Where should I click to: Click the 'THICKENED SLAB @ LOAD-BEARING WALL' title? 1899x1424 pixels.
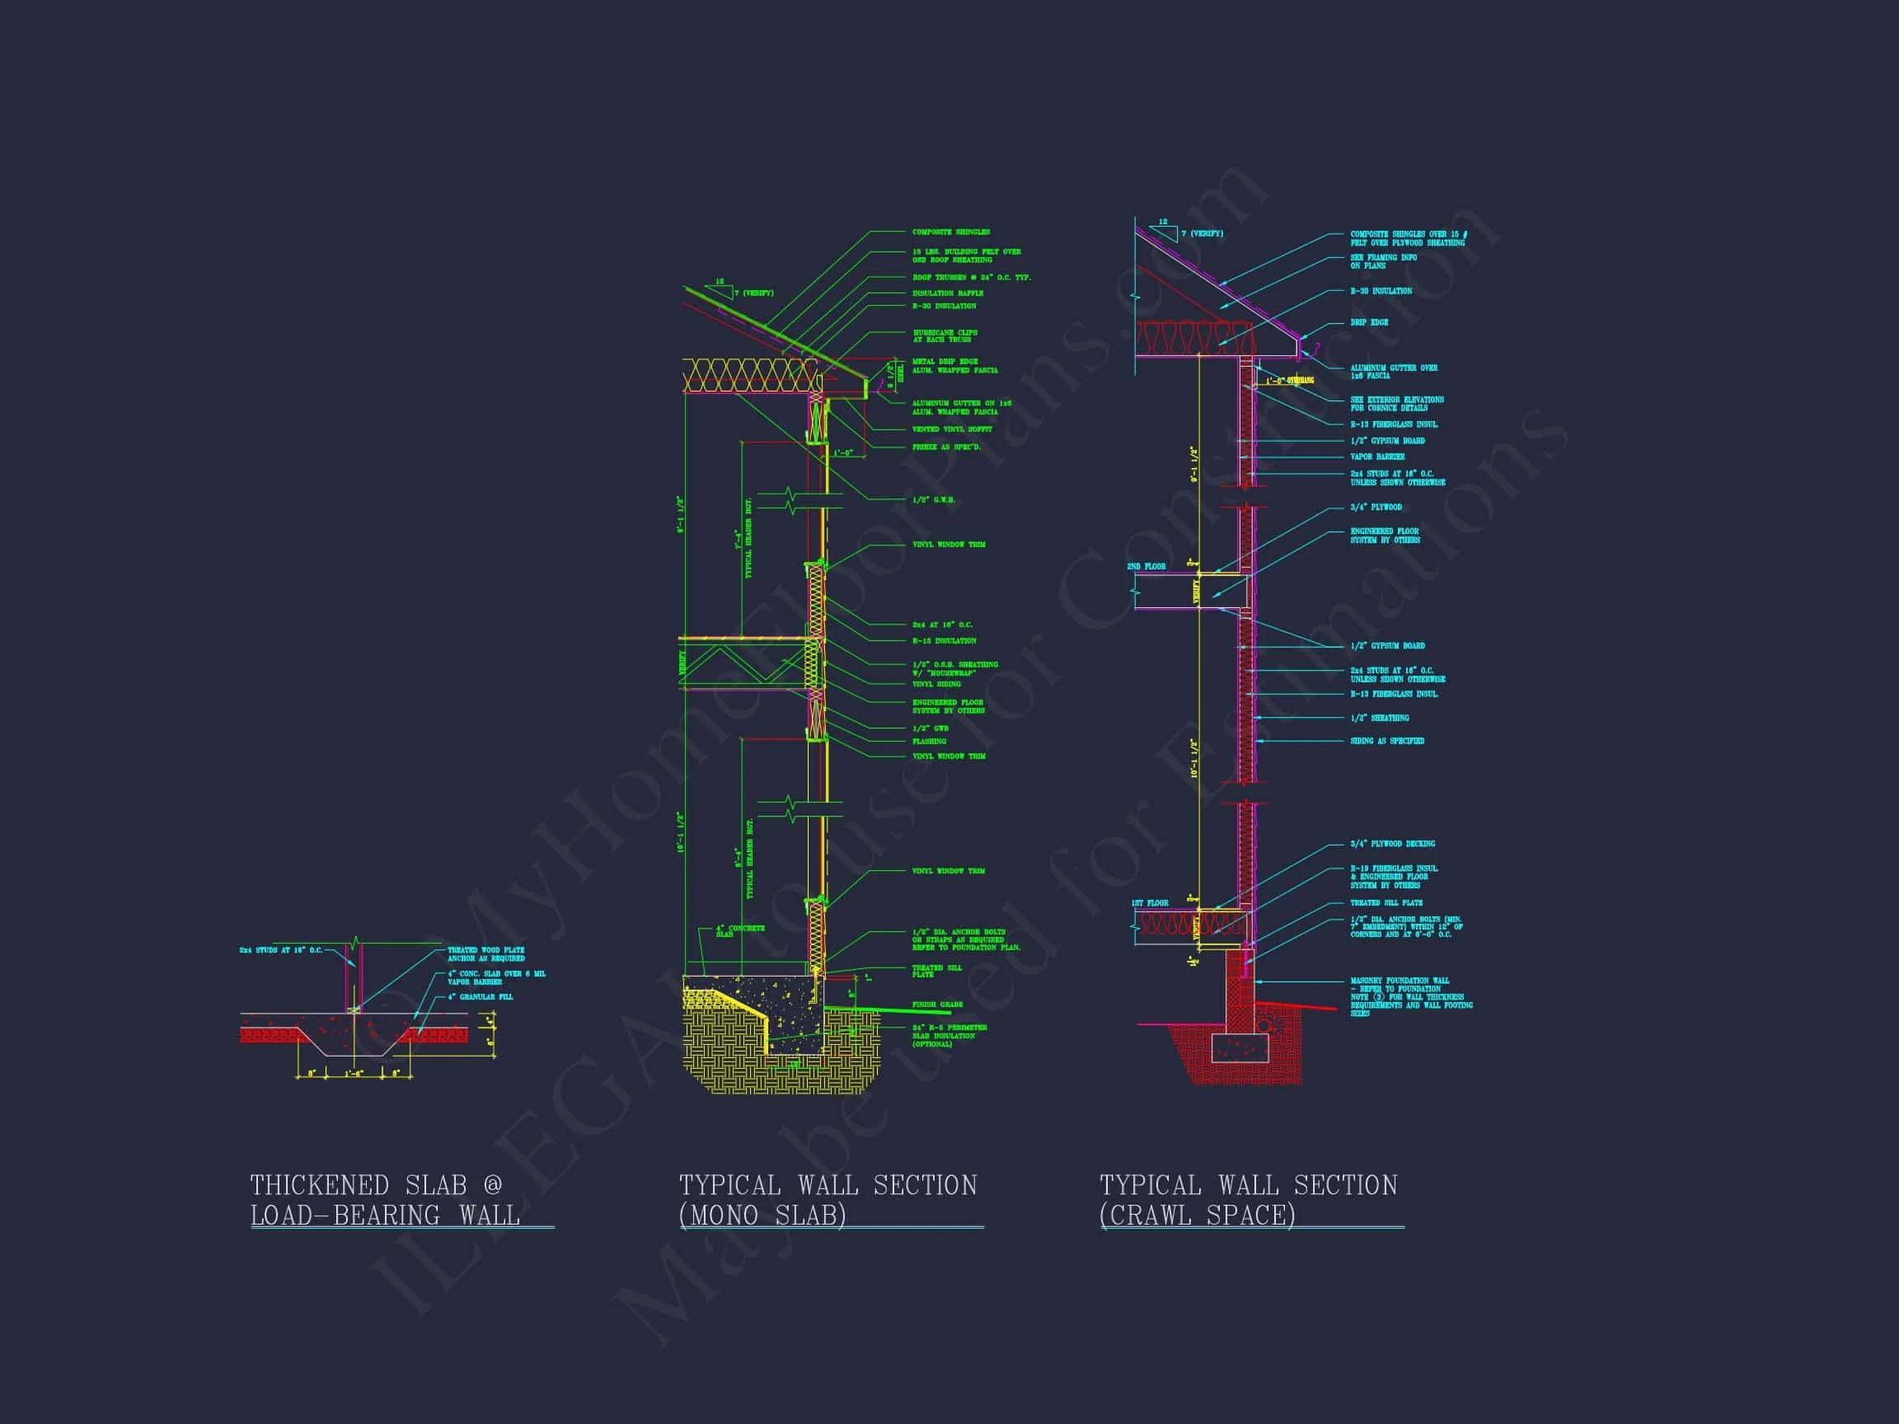pyautogui.click(x=386, y=1200)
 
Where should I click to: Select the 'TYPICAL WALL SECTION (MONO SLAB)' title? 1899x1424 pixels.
pyautogui.click(x=828, y=1200)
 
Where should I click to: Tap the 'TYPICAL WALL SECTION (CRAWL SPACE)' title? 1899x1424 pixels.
pyautogui.click(x=1248, y=1200)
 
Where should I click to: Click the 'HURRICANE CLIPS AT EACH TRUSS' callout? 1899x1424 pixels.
pyautogui.click(x=945, y=335)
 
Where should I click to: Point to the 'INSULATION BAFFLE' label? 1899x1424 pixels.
pyautogui.click(x=948, y=293)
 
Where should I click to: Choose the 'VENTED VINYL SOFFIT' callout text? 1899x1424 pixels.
pyautogui.click(x=951, y=429)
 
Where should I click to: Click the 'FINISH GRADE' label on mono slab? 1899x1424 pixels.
pyautogui.click(x=936, y=1005)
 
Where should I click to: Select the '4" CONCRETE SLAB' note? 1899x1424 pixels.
pyautogui.click(x=740, y=930)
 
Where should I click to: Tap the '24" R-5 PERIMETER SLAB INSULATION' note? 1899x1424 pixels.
pyautogui.click(x=949, y=1035)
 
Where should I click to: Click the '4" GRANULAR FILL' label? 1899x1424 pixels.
pyautogui.click(x=480, y=996)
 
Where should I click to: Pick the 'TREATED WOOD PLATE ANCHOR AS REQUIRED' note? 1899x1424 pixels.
pyautogui.click(x=486, y=953)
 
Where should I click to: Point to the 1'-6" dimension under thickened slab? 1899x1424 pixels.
pyautogui.click(x=354, y=1074)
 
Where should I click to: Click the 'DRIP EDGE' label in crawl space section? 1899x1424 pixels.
pyautogui.click(x=1368, y=323)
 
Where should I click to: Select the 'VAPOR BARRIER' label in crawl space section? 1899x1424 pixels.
pyautogui.click(x=1376, y=457)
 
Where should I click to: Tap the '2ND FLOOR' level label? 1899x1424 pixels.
pyautogui.click(x=1146, y=566)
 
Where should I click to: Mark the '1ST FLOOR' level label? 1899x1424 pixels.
pyautogui.click(x=1150, y=903)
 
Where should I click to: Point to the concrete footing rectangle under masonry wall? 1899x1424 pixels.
pyautogui.click(x=1240, y=1047)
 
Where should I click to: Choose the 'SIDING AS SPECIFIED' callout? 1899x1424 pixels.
pyautogui.click(x=1386, y=741)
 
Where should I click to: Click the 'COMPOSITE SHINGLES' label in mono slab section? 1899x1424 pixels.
pyautogui.click(x=950, y=232)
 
